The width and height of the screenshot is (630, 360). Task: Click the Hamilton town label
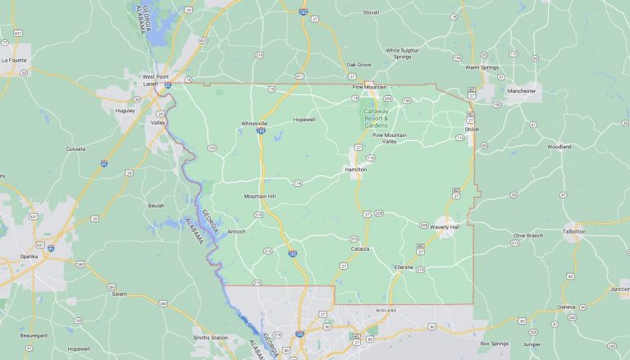pyautogui.click(x=355, y=169)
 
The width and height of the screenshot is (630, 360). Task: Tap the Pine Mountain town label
pyautogui.click(x=368, y=86)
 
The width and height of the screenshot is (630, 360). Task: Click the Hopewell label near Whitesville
pyautogui.click(x=304, y=120)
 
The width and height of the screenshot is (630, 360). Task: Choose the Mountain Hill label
pyautogui.click(x=260, y=197)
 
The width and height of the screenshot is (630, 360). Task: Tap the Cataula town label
pyautogui.click(x=360, y=248)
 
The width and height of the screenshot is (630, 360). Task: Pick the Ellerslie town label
pyautogui.click(x=404, y=267)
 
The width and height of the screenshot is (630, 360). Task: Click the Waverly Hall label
pyautogui.click(x=445, y=227)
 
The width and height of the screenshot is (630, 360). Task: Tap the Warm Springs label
pyautogui.click(x=483, y=67)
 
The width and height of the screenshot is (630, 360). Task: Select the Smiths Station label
pyautogui.click(x=211, y=337)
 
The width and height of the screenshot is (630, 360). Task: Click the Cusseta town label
pyautogui.click(x=75, y=149)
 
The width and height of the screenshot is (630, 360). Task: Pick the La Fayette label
pyautogui.click(x=15, y=60)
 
